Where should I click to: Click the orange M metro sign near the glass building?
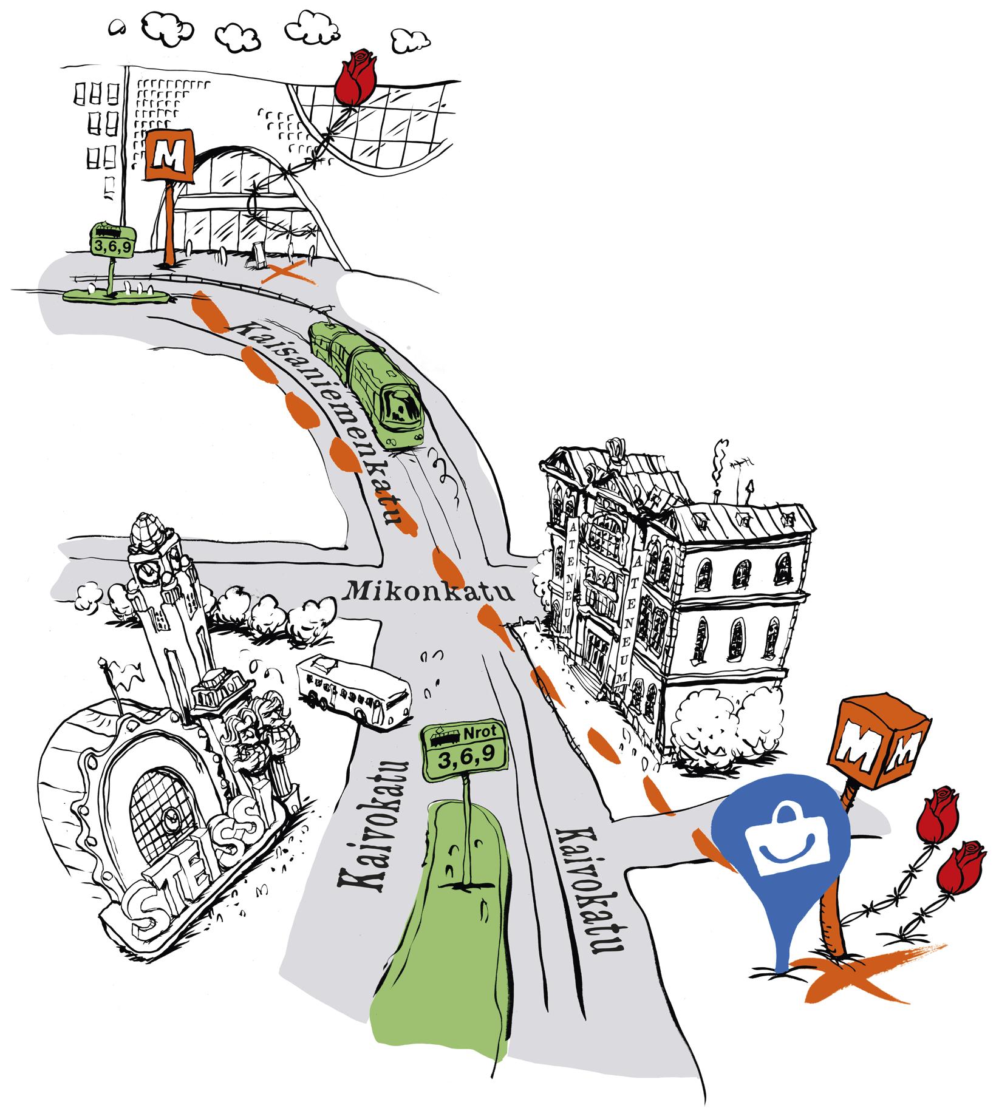click(x=169, y=157)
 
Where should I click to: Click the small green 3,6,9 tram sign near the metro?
click(x=112, y=238)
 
